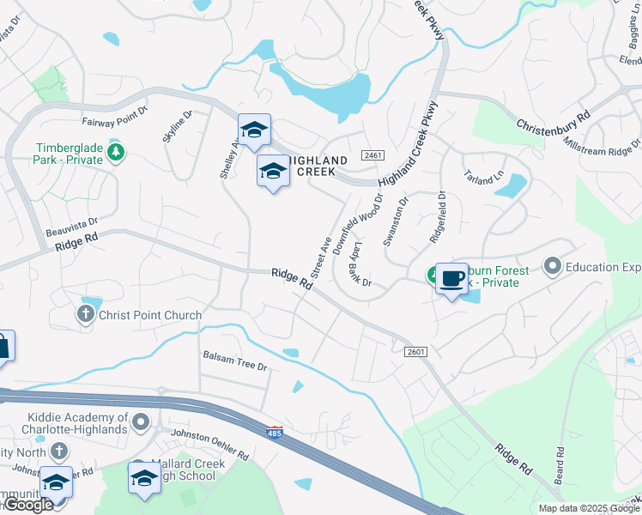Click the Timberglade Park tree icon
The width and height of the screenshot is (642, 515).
pos(116,154)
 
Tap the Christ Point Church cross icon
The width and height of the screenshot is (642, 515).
pos(86,315)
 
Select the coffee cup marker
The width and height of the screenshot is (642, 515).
pos(451,278)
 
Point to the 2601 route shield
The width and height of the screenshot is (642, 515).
pos(415,352)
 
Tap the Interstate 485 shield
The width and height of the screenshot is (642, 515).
pos(275,433)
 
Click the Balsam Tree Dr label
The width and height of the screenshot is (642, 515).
pos(235,360)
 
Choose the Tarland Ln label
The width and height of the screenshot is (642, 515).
pos(483,169)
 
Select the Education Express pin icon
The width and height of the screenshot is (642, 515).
pos(552,267)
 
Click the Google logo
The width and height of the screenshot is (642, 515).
pos(28,505)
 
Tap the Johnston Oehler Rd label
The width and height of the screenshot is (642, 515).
pos(210,444)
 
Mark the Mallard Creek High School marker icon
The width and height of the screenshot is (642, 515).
pos(144,479)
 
